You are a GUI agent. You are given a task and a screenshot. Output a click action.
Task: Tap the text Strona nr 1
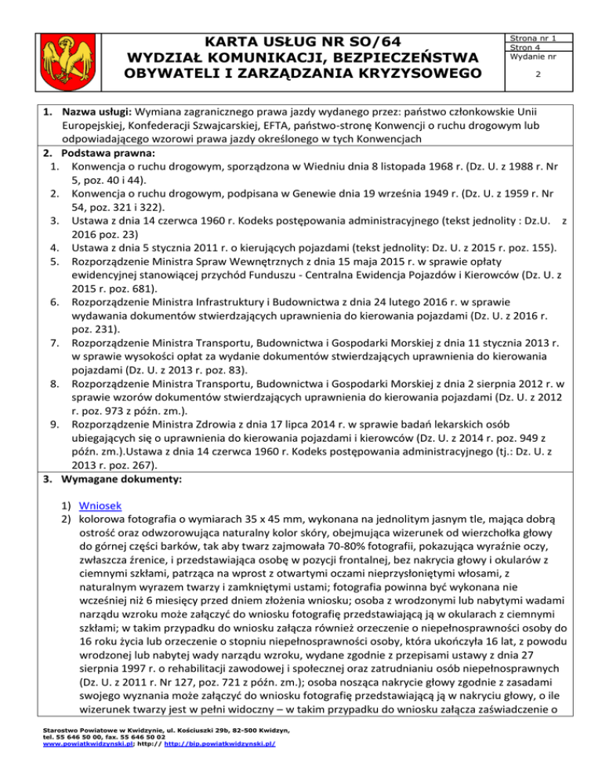(533, 37)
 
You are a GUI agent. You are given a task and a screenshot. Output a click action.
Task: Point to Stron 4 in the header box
(524, 46)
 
